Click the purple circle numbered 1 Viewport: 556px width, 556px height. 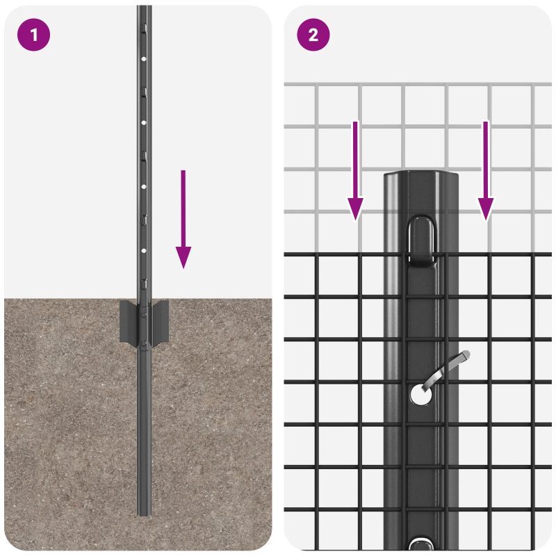click(33, 35)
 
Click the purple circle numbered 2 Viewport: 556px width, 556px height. click(313, 35)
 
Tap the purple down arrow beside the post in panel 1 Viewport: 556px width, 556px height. click(183, 219)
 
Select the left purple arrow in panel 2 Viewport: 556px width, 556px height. click(355, 170)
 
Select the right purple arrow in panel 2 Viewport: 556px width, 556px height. click(485, 170)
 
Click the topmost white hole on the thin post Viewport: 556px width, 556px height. click(144, 59)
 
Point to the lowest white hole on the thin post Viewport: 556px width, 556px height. click(144, 251)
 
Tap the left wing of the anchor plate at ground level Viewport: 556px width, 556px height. click(129, 321)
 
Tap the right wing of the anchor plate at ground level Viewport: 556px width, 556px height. click(160, 321)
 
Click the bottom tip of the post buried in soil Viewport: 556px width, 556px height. click(145, 515)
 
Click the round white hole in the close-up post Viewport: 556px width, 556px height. click(421, 395)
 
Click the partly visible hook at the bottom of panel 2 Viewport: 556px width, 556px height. click(420, 545)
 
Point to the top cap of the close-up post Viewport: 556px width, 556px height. click(421, 176)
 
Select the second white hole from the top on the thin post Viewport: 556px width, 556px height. click(144, 123)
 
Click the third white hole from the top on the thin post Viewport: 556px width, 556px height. click(144, 186)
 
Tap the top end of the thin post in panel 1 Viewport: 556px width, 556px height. click(145, 6)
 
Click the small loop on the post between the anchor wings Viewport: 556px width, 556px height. click(143, 315)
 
